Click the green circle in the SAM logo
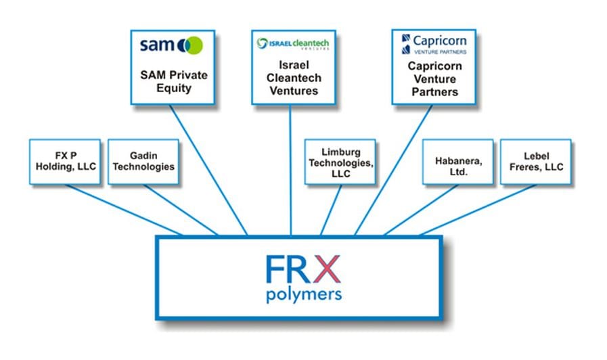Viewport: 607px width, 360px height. [x=192, y=45]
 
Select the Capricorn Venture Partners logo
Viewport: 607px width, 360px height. [x=432, y=45]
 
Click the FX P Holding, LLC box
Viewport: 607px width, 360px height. [x=65, y=162]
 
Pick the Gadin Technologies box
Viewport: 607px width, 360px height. [x=143, y=162]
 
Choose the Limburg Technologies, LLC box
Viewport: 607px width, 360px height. [x=340, y=162]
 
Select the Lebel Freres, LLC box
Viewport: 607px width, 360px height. [x=535, y=162]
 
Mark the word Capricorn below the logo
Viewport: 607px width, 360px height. [x=433, y=67]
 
